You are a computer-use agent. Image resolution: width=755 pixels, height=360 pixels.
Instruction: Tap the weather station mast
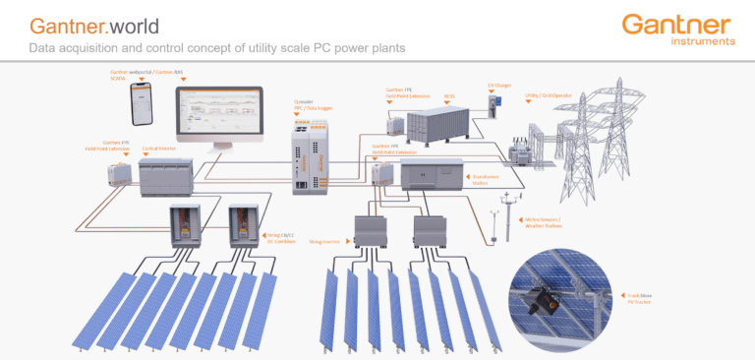point(505,218)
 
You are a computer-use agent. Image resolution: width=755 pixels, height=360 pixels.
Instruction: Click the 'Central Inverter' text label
point(159,149)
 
